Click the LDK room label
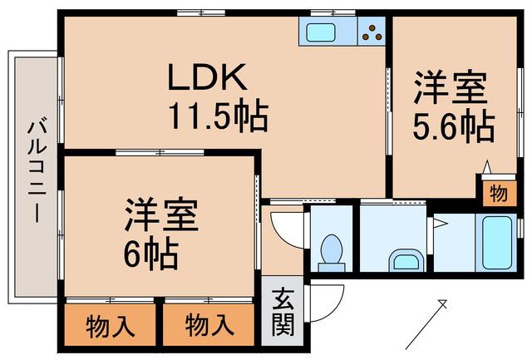(x=207, y=77)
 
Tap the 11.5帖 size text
(x=219, y=116)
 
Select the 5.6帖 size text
(x=454, y=126)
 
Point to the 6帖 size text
(x=150, y=254)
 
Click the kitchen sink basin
(x=320, y=32)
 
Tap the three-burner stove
(x=372, y=32)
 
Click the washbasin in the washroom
(x=406, y=261)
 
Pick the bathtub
(x=495, y=242)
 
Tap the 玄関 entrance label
(x=283, y=312)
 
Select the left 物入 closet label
(x=109, y=326)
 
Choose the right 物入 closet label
(x=209, y=325)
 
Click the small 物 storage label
(x=499, y=194)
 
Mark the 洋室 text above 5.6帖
(x=450, y=87)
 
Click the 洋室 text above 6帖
(x=161, y=215)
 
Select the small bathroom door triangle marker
(x=441, y=224)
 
